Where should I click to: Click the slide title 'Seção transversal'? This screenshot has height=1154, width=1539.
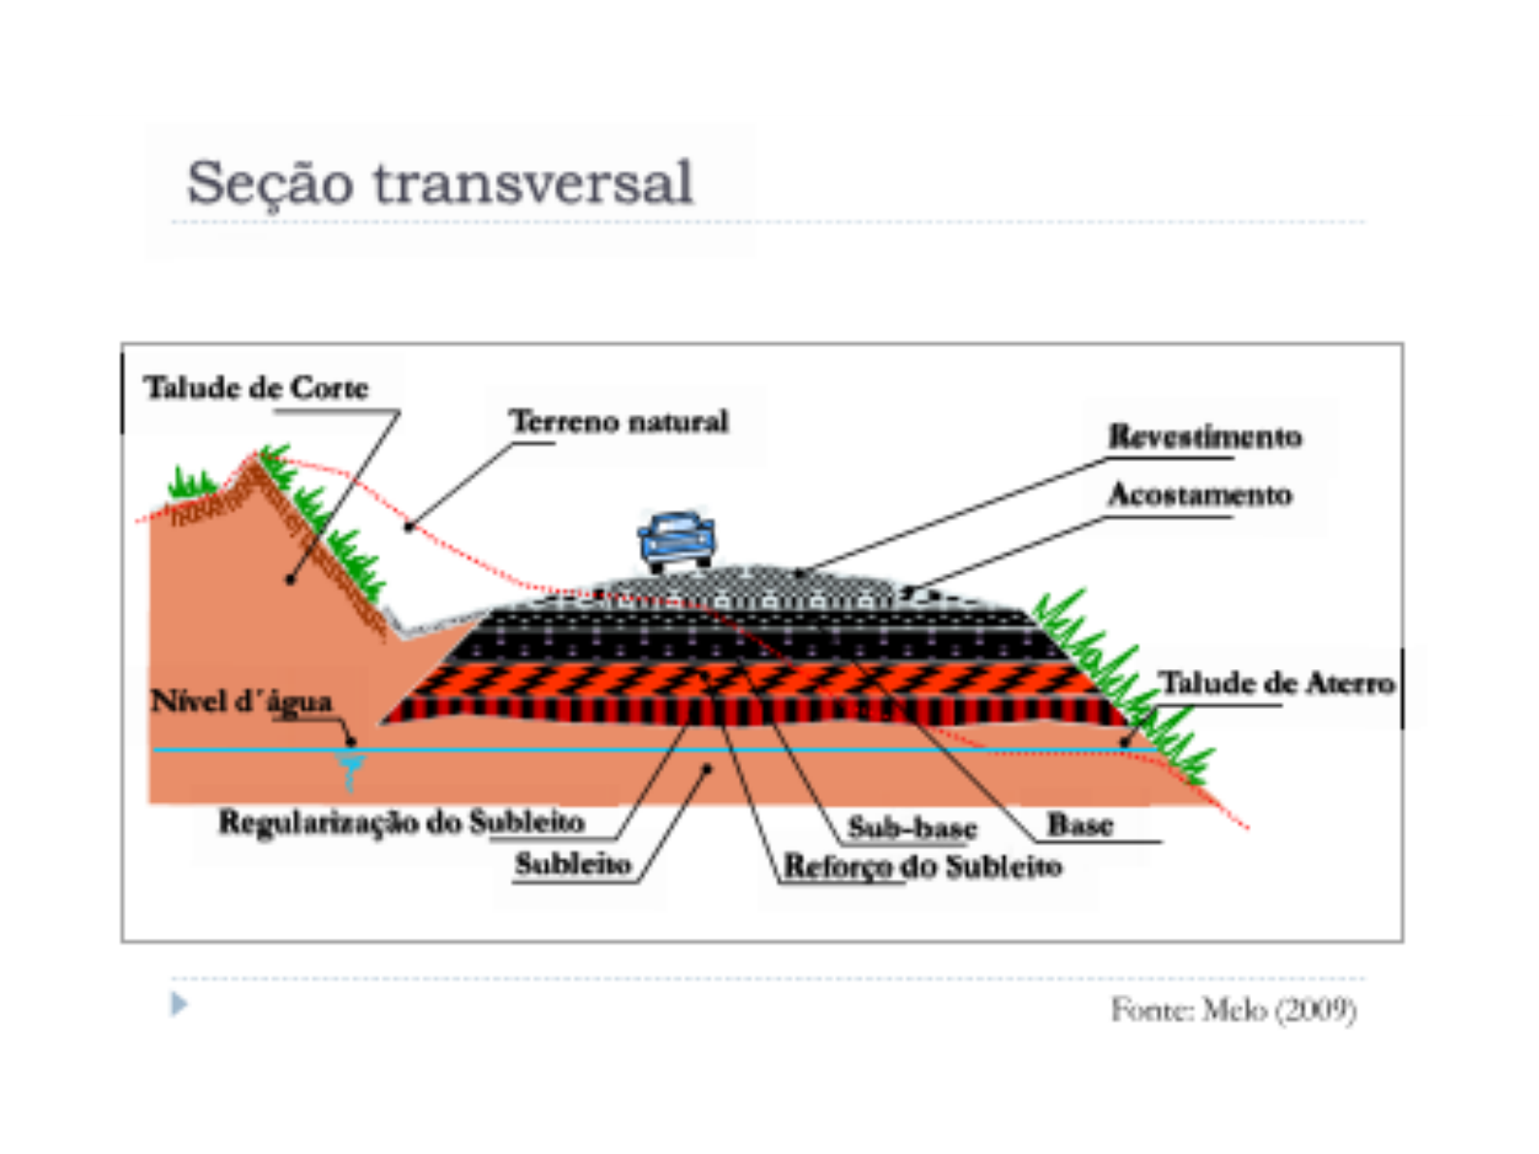[x=439, y=182]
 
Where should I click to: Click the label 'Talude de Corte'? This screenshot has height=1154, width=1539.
[x=256, y=388]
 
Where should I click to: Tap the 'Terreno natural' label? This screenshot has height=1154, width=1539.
[x=619, y=422]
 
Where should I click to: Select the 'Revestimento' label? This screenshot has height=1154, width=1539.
[x=1204, y=436]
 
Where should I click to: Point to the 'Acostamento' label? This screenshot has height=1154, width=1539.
[x=1200, y=495]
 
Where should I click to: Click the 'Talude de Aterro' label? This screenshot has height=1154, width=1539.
[x=1277, y=683]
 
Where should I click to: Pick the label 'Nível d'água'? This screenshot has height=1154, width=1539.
[x=241, y=701]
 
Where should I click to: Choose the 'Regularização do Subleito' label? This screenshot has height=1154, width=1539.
[x=401, y=822]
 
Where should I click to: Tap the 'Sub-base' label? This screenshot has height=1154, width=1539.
[x=912, y=827]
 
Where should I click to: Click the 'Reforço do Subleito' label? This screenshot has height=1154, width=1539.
[x=922, y=866]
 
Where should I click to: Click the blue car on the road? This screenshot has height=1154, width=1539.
[x=677, y=539]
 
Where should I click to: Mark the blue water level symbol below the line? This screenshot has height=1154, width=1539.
[x=351, y=771]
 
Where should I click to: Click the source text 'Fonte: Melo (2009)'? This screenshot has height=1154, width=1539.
[x=1233, y=1010]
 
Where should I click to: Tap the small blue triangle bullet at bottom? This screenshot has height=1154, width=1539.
[x=178, y=1004]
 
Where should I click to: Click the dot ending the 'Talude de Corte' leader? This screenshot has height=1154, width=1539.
[x=290, y=580]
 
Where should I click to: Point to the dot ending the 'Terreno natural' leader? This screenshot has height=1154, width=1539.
[x=409, y=527]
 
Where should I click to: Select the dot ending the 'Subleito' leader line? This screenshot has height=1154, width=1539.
[x=708, y=769]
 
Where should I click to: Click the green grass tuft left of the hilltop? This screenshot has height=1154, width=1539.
[x=191, y=483]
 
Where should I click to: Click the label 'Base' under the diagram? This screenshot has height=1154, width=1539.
[x=1079, y=825]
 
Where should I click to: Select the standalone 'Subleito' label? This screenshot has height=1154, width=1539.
[x=573, y=864]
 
